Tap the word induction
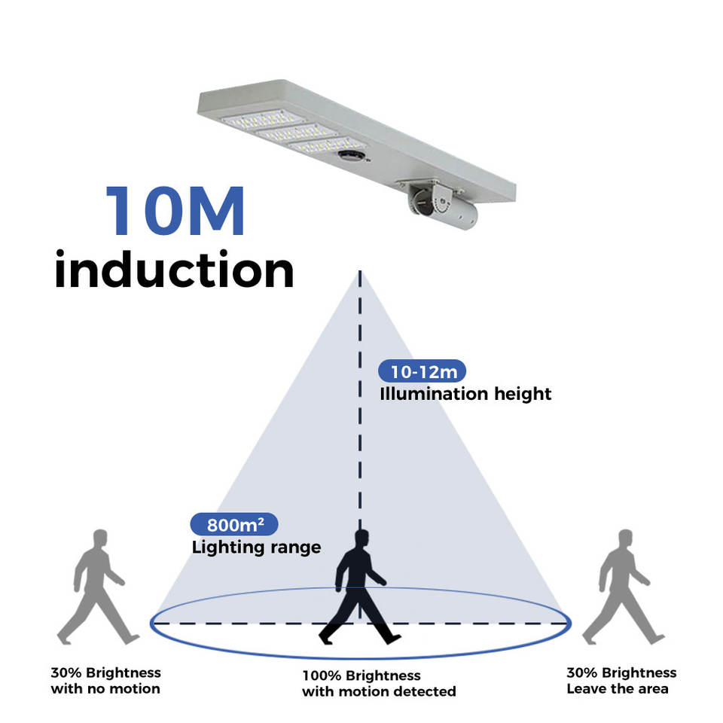pos(174,270)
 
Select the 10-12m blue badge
pos(422,371)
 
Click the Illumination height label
pos(465,393)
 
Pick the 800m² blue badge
pos(233,524)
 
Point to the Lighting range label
pos(256,547)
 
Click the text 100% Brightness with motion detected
pos(379,683)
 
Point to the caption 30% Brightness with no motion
pos(105,680)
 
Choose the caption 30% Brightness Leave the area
pos(621,680)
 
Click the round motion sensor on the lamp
pos(350,155)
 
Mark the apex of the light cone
pos(360,271)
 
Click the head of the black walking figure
pos(361,538)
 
